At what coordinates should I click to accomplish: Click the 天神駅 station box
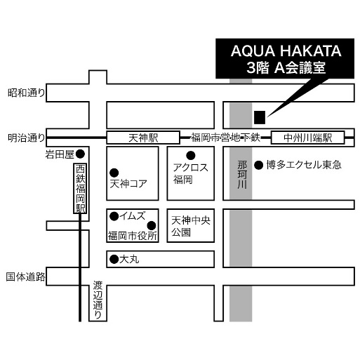point(143,138)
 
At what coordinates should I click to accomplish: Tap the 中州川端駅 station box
point(307,138)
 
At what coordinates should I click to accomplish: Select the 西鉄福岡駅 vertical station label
point(80,188)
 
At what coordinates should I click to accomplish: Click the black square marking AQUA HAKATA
point(260,117)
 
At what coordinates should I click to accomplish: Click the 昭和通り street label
point(26,93)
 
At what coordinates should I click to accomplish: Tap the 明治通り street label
point(26,138)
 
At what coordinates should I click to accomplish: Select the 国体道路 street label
point(25,276)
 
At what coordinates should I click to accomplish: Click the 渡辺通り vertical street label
point(98,300)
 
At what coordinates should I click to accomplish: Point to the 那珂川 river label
point(242,175)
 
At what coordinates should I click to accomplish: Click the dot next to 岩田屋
point(80,154)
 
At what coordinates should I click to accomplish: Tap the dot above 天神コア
point(114,173)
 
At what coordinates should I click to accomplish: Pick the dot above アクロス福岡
point(191,155)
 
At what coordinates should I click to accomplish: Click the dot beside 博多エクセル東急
point(259,166)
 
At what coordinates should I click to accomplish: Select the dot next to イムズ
point(114,216)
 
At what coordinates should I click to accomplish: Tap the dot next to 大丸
point(114,259)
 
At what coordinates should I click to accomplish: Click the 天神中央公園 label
point(191,226)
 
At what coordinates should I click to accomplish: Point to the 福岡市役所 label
point(133,236)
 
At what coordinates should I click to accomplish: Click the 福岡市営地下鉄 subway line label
point(225,138)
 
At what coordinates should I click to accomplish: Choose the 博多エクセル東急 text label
point(304,165)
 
